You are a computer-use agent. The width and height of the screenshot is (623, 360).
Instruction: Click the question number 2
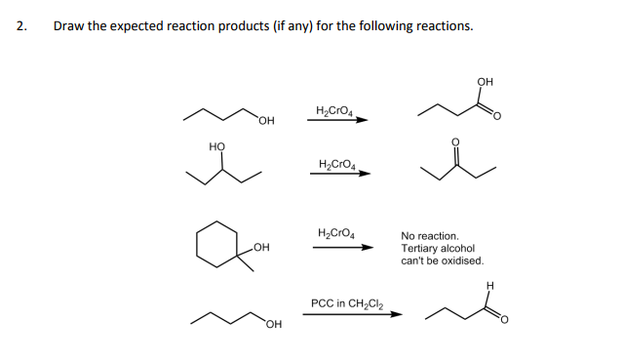pos(21,26)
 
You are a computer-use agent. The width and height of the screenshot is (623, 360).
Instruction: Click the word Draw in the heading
pos(69,26)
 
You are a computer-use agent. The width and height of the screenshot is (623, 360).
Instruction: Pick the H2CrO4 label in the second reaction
pos(337,163)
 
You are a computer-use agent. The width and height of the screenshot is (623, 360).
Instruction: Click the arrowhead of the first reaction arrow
pos(362,121)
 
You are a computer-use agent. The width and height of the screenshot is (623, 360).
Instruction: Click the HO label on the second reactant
pos(216,146)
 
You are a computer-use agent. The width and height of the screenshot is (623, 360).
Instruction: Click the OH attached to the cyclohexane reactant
pos(259,248)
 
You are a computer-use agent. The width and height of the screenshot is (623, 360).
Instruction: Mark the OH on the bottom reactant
pos(271,324)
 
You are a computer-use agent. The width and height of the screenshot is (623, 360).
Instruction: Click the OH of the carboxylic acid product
pos(486,81)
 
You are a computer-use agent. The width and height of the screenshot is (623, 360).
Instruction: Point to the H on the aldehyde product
pos(490,285)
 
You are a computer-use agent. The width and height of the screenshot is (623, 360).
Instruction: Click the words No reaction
pos(429,236)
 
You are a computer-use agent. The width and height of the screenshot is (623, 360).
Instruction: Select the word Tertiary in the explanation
pos(419,249)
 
